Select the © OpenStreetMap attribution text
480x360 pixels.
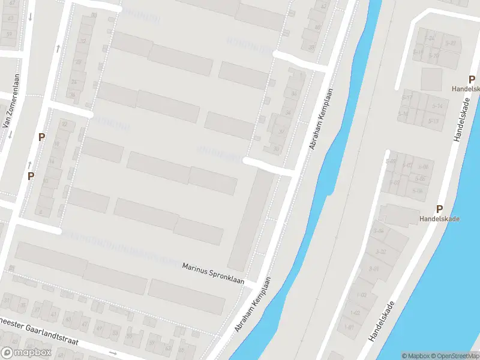[454, 355]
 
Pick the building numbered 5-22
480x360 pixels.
[451, 43]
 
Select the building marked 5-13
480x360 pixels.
[434, 121]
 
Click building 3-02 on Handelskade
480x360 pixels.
[380, 252]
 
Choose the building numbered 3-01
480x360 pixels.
[374, 268]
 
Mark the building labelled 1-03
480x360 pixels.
[361, 295]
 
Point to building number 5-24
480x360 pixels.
[430, 38]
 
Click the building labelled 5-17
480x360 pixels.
[407, 98]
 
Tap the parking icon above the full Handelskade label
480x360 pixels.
[439, 209]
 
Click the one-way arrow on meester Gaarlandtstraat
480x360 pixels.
[112, 353]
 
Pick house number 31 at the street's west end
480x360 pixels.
[7, 299]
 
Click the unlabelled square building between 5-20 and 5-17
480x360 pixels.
[431, 79]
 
